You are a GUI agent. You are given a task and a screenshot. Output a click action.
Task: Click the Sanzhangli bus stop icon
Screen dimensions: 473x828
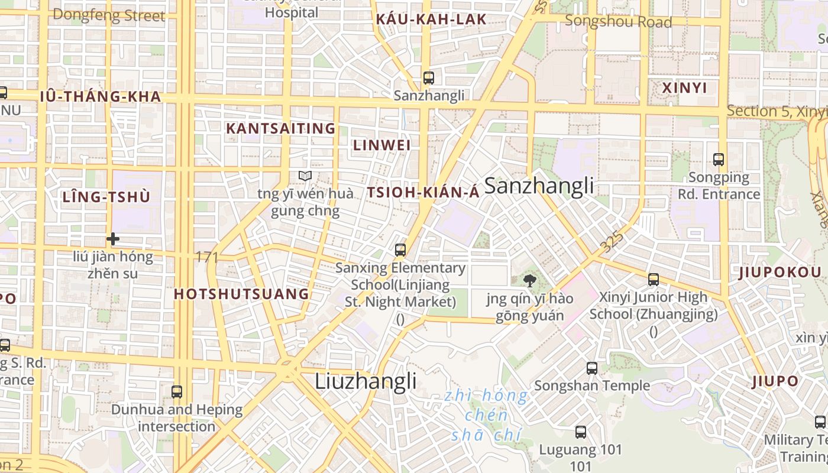429,77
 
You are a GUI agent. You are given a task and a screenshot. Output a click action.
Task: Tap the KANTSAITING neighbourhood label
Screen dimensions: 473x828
280,128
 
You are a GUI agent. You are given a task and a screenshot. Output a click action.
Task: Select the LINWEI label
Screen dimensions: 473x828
381,145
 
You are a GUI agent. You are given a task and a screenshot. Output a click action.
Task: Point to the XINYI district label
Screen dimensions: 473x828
684,88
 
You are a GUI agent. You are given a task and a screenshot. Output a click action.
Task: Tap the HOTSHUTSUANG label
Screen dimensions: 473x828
241,294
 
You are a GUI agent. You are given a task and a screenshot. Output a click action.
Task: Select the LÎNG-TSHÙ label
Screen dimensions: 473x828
106,197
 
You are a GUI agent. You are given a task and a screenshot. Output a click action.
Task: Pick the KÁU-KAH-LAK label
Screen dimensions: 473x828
431,20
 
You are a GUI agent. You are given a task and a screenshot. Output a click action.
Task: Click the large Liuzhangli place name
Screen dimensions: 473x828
366,381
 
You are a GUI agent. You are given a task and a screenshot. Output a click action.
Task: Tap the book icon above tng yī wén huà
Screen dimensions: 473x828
305,176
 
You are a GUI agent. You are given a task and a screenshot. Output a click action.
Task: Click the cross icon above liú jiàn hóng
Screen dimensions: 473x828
113,239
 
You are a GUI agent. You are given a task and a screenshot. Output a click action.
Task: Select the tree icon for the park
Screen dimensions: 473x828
530,281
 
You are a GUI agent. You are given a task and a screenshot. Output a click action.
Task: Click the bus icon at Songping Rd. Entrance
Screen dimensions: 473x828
719,159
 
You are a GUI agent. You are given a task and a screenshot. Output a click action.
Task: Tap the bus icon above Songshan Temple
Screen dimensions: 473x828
592,368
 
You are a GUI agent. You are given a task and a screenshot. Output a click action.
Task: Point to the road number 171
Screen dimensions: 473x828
207,257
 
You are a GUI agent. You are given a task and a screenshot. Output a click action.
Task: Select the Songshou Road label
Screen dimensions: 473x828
618,22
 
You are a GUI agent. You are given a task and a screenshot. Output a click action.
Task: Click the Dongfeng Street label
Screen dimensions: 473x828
109,15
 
